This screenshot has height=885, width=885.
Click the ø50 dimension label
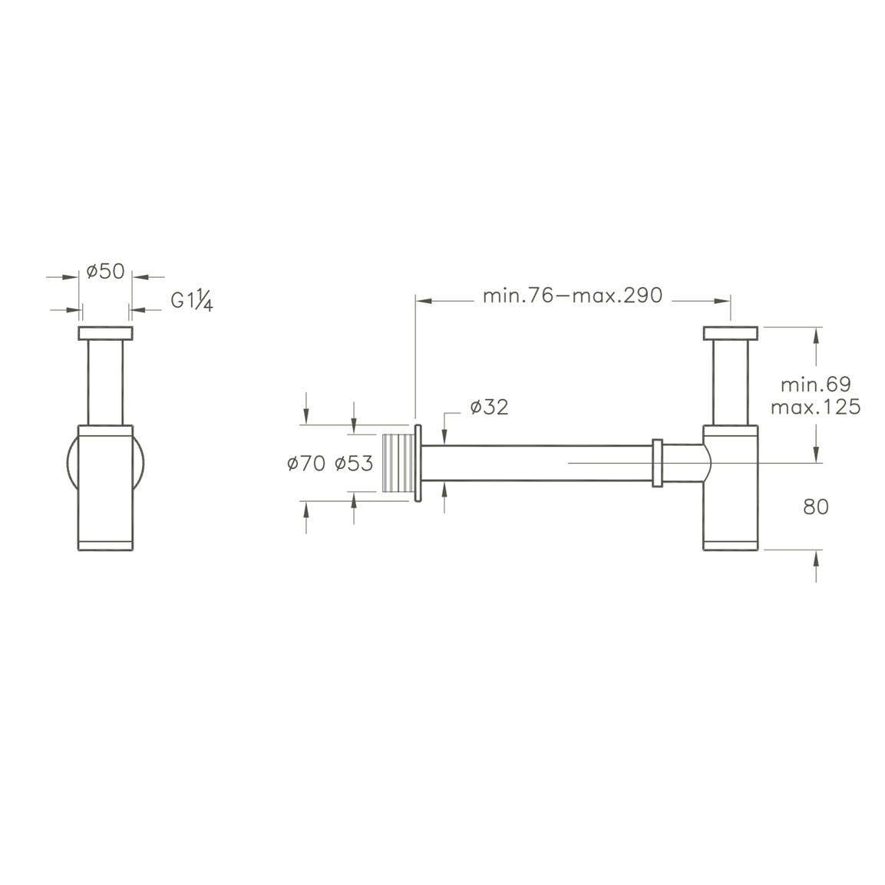click(106, 272)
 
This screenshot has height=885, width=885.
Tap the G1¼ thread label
click(192, 302)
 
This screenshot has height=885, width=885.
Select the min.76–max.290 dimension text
click(573, 296)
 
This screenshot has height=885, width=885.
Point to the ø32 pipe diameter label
click(489, 407)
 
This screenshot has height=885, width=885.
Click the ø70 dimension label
click(306, 464)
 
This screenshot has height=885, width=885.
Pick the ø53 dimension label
click(354, 464)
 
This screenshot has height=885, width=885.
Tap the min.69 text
click(816, 385)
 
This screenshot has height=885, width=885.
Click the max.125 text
click(816, 407)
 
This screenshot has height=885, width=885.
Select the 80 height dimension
click(816, 507)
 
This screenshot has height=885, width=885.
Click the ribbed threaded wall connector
click(398, 464)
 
